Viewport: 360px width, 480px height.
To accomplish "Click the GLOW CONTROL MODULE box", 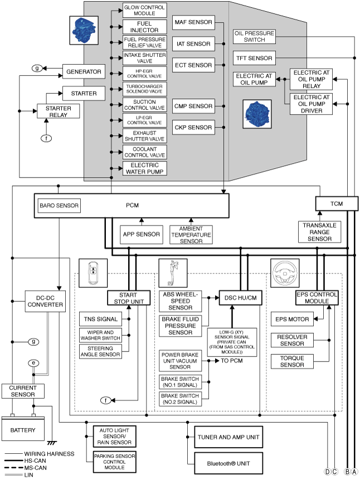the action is [144, 11].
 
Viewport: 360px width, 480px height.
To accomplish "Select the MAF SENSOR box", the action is [193, 22].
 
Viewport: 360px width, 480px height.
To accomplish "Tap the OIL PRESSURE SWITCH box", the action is [254, 36].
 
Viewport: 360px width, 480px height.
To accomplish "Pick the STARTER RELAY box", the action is [58, 111].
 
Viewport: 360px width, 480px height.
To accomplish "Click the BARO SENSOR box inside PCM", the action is [59, 205].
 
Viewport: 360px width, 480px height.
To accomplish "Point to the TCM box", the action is [337, 204].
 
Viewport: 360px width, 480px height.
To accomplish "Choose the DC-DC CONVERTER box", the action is [45, 301].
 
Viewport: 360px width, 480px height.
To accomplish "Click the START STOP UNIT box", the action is [129, 298].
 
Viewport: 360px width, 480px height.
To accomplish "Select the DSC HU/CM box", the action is [241, 298].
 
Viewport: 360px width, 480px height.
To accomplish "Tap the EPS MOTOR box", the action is [292, 319].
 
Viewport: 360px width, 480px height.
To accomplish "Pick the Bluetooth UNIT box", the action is [228, 463].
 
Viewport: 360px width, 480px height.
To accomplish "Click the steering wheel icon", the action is [285, 273].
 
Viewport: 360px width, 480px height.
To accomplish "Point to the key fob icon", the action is [93, 273].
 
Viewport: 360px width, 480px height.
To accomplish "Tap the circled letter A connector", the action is [354, 472].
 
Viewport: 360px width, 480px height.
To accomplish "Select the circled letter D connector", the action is [328, 472].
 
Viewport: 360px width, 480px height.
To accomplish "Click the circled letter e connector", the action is [33, 364].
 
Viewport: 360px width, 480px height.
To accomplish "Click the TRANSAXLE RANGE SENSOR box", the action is [319, 232].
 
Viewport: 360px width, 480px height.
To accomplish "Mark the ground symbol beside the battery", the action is [52, 443].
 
